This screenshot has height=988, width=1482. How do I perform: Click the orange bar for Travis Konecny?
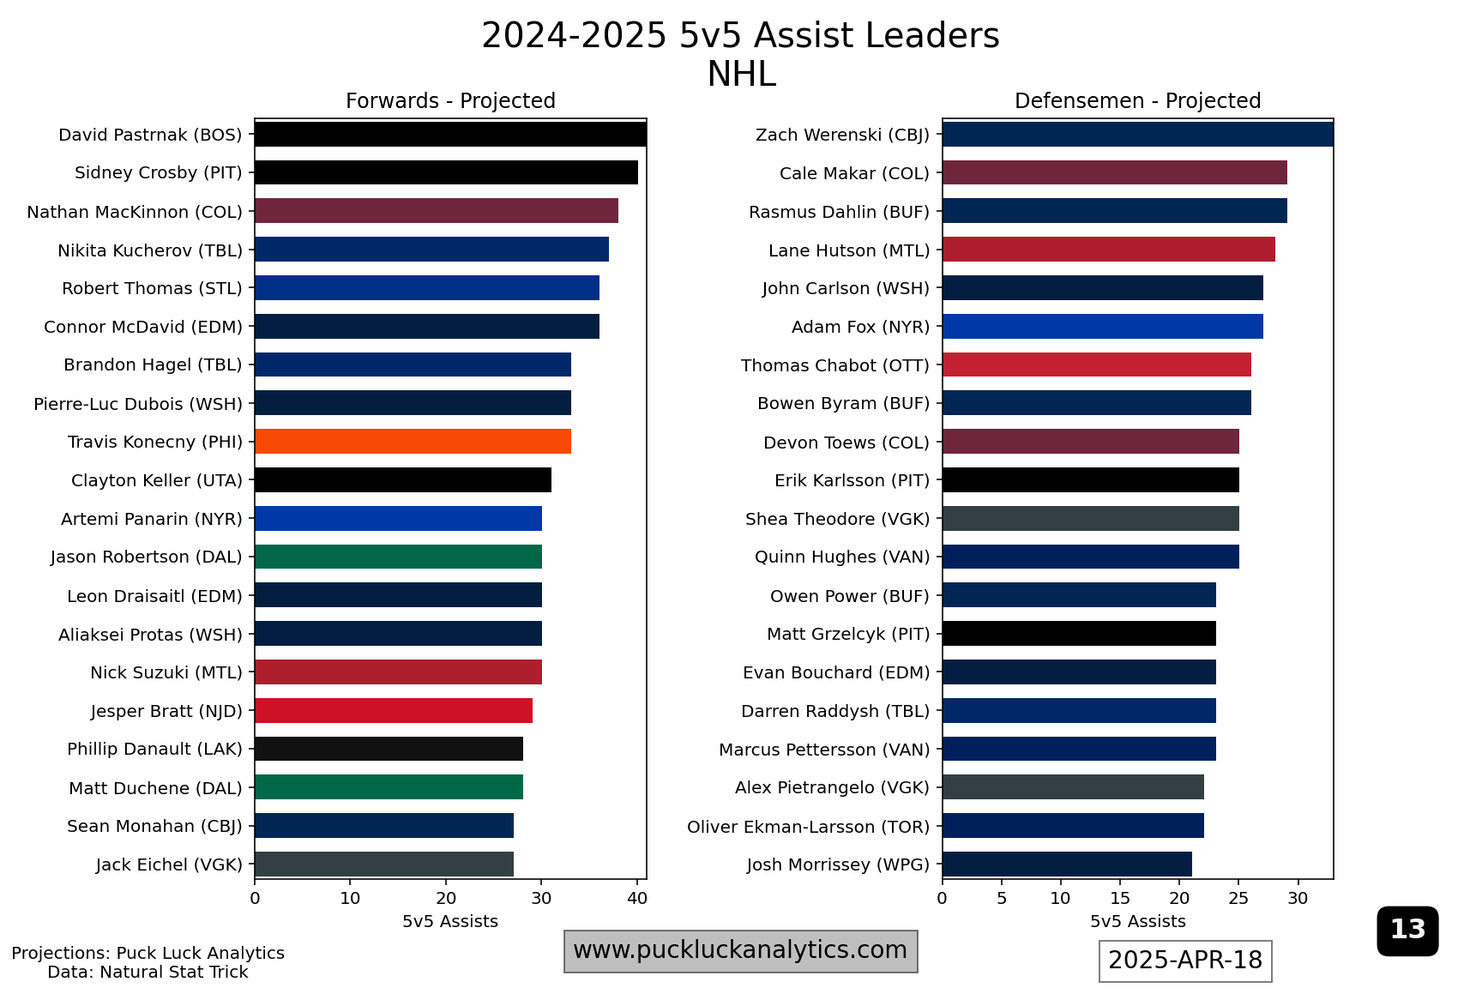click(x=413, y=442)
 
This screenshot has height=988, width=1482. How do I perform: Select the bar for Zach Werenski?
click(x=1137, y=135)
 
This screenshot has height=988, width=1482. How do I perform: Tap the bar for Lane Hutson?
click(x=1108, y=250)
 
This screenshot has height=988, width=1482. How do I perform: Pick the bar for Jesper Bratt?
click(x=394, y=711)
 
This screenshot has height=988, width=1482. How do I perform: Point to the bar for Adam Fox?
click(x=1102, y=327)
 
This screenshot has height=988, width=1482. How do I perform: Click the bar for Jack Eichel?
click(x=384, y=864)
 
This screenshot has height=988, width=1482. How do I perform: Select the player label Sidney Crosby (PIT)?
click(x=159, y=173)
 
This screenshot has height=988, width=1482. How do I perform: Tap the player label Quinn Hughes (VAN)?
click(x=842, y=557)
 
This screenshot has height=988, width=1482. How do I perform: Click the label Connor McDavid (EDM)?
click(x=143, y=327)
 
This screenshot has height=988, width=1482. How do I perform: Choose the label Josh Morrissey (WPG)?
click(x=838, y=864)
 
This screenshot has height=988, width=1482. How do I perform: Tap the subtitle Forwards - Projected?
click(x=450, y=101)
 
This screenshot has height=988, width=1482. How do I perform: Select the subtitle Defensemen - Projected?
click(x=1137, y=101)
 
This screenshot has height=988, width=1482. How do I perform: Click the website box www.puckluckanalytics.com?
click(x=740, y=950)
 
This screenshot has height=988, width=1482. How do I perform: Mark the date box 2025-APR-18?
click(x=1185, y=961)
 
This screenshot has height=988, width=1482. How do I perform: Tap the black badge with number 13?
click(x=1407, y=930)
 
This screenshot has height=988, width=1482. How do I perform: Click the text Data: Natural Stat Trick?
click(x=148, y=972)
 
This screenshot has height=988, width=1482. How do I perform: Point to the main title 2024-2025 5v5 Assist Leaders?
click(x=740, y=36)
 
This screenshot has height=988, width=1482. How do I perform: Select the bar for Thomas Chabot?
click(x=1096, y=364)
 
